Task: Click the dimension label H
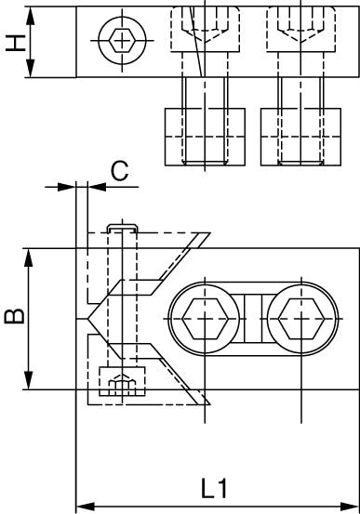(x=16, y=44)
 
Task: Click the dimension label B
(x=14, y=316)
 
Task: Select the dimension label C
(x=119, y=171)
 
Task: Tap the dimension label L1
(x=214, y=488)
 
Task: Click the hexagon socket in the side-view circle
(x=122, y=41)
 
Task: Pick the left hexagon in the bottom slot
(x=205, y=319)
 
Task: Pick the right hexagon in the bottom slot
(x=301, y=319)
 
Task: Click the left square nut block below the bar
(x=205, y=137)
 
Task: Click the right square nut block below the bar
(x=300, y=137)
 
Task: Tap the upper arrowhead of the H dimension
(x=30, y=16)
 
